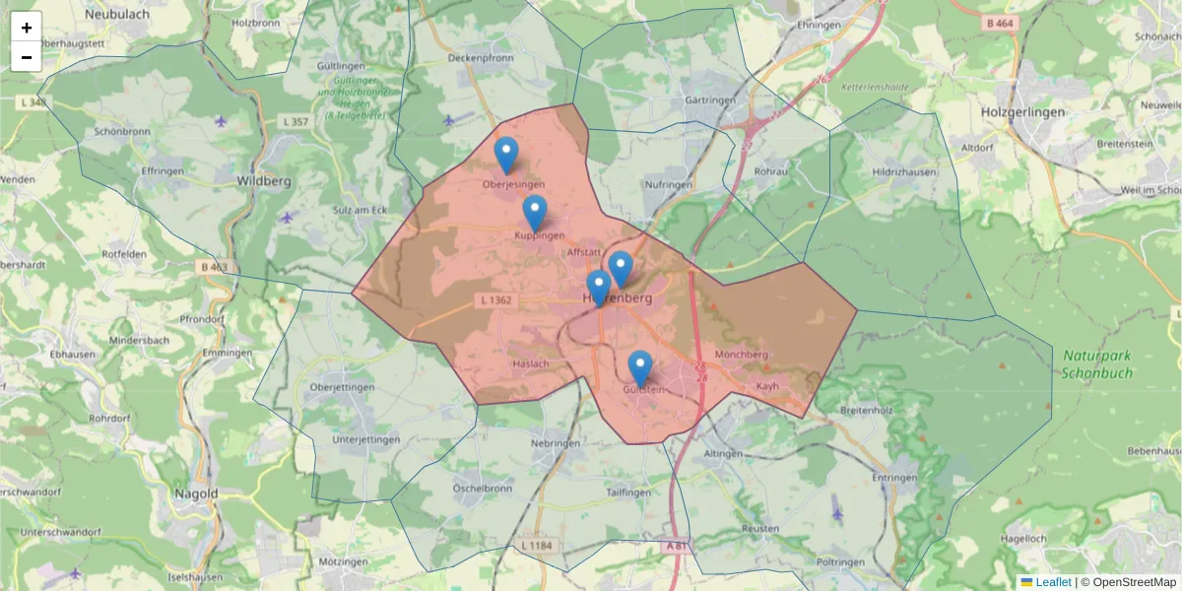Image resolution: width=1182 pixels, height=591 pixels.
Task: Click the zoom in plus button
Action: point(27,28)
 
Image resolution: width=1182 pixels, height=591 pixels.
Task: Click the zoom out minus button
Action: point(27,57)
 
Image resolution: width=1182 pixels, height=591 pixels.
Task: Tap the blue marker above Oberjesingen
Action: point(506,155)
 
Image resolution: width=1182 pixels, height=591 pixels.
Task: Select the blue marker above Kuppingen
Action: point(535,213)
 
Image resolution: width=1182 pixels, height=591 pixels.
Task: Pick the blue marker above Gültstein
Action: point(640,368)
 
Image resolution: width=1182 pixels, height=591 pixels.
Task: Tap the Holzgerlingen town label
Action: point(1022,112)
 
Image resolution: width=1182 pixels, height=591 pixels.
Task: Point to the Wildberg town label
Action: point(264,181)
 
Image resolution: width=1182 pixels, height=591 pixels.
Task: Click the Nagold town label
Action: point(195,492)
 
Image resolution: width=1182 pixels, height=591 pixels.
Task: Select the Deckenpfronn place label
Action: point(482,58)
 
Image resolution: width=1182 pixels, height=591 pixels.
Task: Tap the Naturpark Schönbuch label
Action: point(1097,363)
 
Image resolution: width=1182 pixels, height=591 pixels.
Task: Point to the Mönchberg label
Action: point(741,354)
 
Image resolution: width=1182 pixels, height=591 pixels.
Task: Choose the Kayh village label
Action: point(767,386)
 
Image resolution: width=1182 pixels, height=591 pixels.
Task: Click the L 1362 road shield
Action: point(498,300)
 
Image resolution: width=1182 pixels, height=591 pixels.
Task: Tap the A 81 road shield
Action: point(676,545)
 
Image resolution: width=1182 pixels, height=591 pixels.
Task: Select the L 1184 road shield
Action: point(538,545)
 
